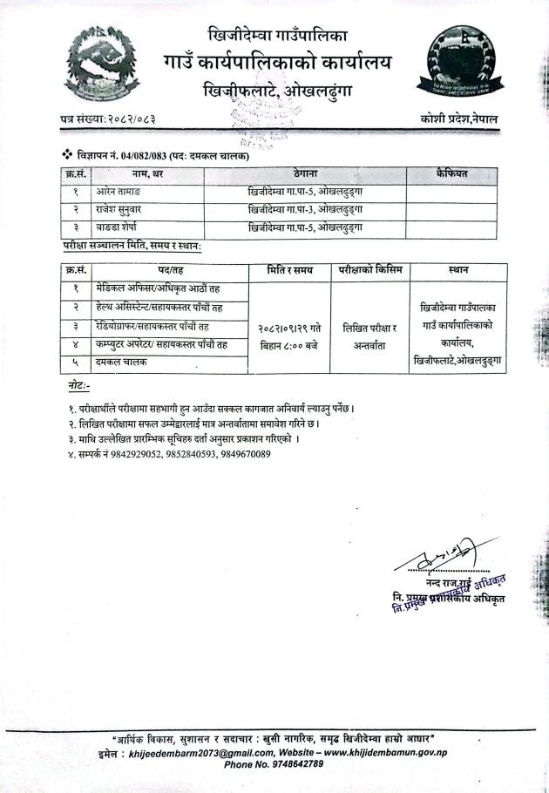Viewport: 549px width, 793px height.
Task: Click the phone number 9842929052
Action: [x=138, y=454]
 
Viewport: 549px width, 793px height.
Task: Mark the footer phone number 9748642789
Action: [x=297, y=764]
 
